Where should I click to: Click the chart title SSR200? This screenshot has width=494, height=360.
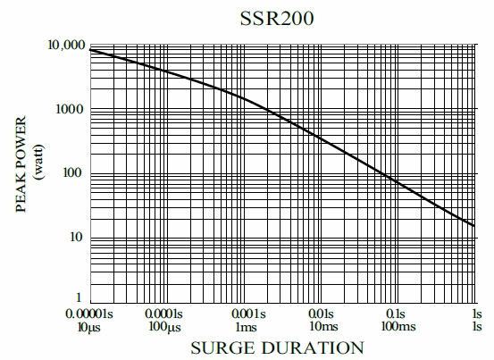click(277, 18)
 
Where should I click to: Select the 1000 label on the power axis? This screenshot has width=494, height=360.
click(70, 109)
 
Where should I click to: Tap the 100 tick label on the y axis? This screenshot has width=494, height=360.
click(73, 172)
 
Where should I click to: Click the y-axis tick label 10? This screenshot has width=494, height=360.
click(77, 237)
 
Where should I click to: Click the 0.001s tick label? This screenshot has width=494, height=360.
click(247, 314)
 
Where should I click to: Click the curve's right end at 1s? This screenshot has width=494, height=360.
click(474, 225)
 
